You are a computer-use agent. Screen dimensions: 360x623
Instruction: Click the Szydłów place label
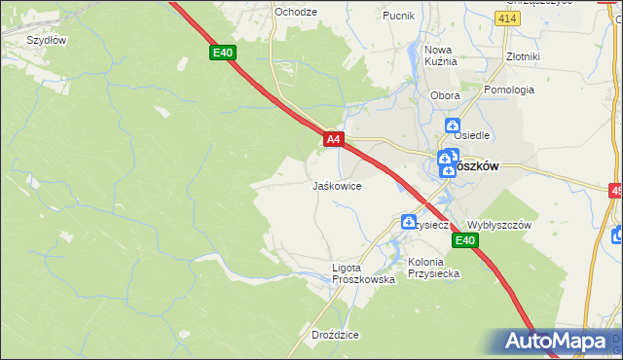pyautogui.click(x=46, y=40)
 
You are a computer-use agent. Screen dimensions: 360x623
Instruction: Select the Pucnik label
pyautogui.click(x=398, y=16)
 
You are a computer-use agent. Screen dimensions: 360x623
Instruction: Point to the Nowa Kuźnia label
pyautogui.click(x=440, y=55)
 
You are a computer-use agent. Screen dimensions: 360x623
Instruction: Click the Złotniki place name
pyautogui.click(x=523, y=56)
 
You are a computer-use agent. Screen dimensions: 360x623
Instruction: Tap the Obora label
pyautogui.click(x=444, y=95)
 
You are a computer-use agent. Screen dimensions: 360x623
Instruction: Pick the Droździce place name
pyautogui.click(x=336, y=335)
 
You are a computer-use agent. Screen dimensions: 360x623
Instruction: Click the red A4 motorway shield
pyautogui.click(x=333, y=140)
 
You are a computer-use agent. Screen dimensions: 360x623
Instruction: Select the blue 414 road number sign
pyautogui.click(x=505, y=18)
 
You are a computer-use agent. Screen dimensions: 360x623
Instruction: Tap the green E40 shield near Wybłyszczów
pyautogui.click(x=465, y=240)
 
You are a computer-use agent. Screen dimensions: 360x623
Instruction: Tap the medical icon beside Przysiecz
pyautogui.click(x=409, y=223)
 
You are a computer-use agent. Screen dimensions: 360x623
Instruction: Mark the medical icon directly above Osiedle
pyautogui.click(x=453, y=125)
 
